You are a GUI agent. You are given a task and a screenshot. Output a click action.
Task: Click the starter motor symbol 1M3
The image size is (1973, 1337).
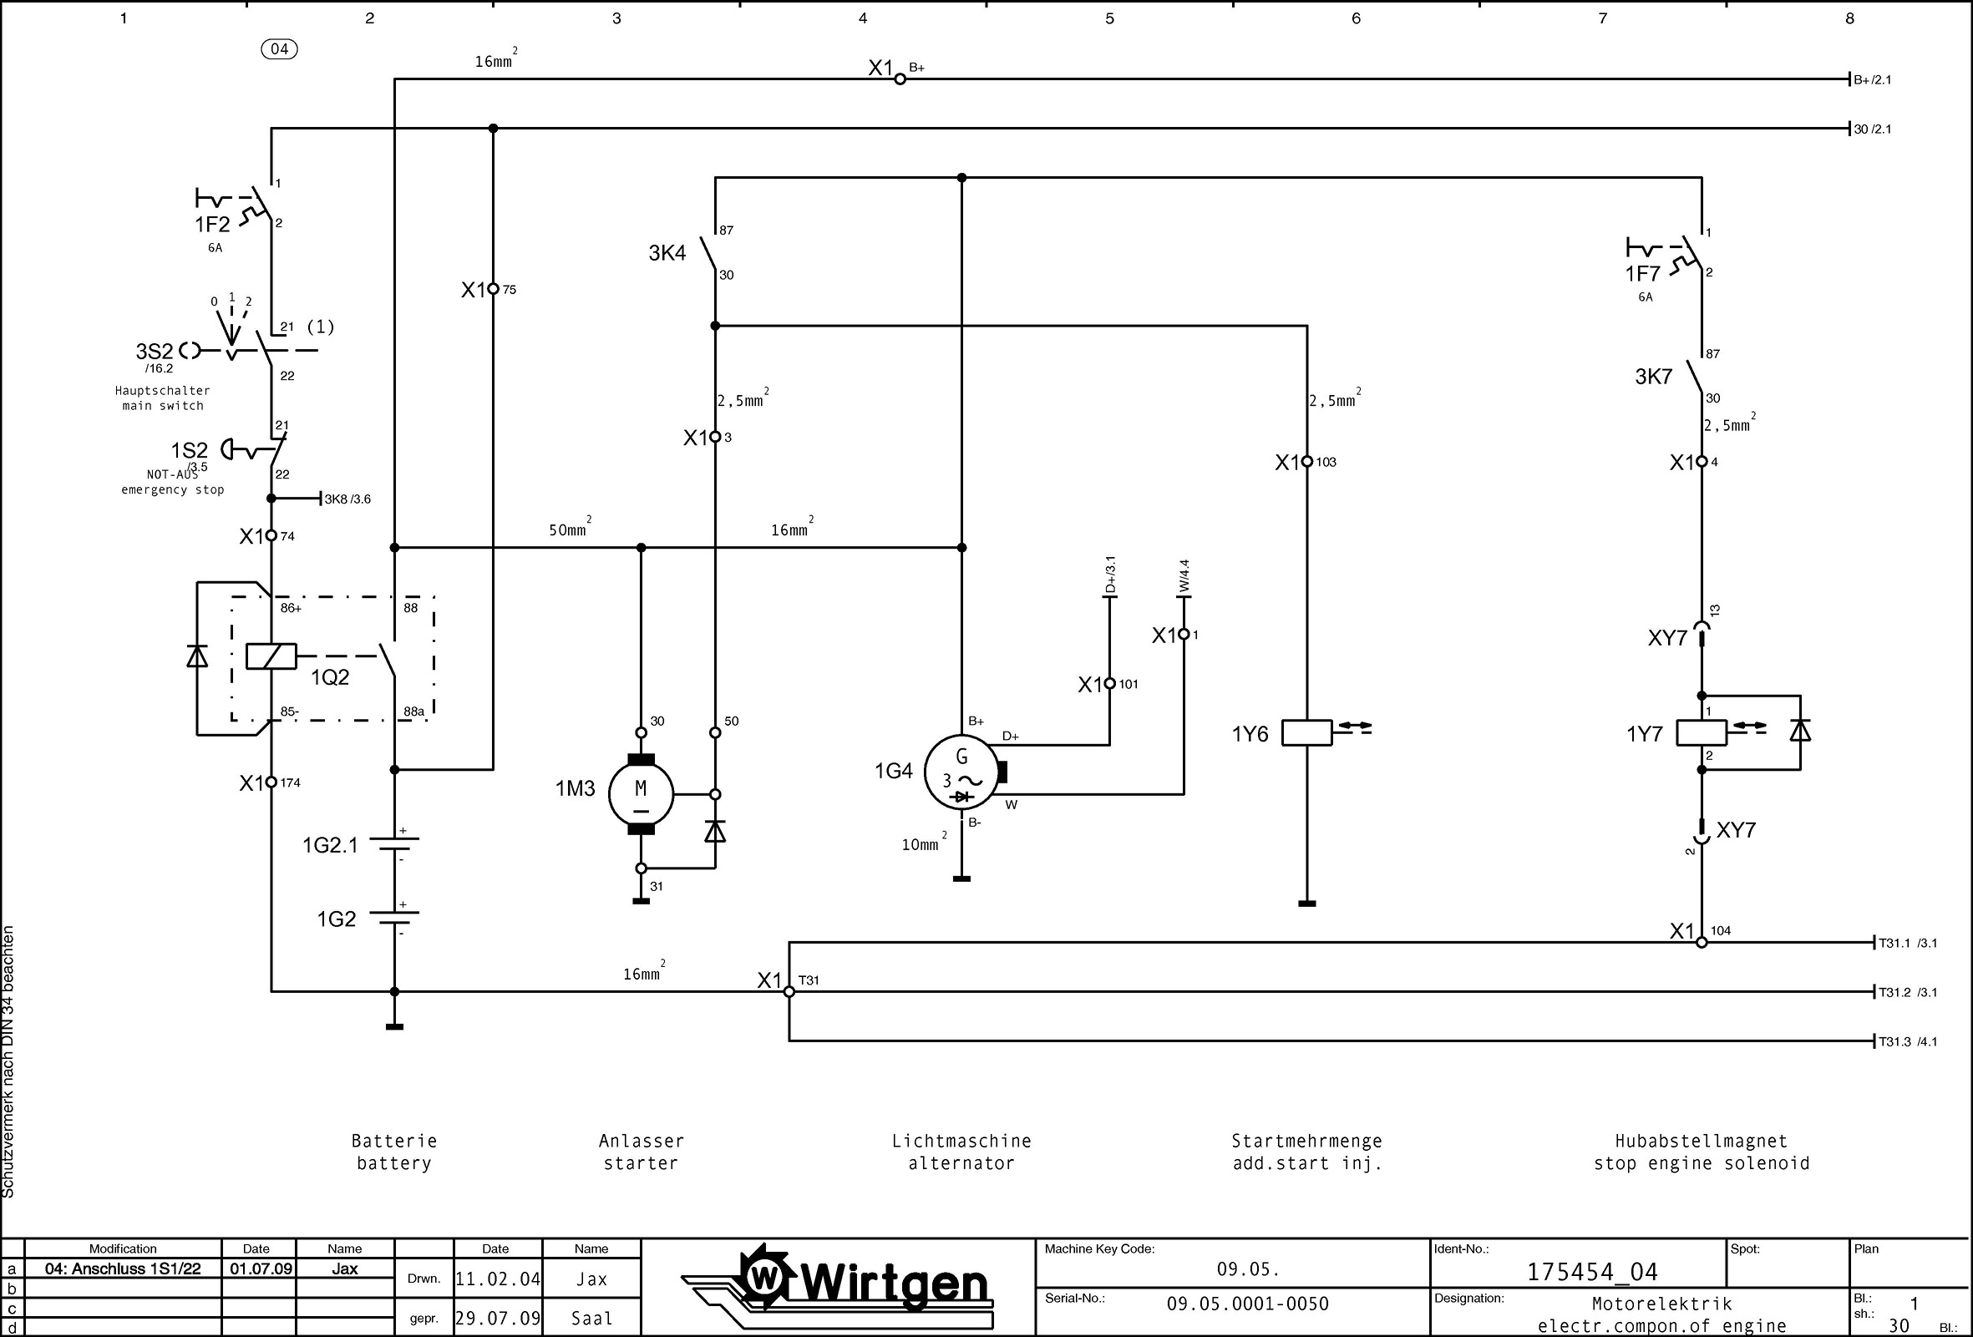(x=641, y=794)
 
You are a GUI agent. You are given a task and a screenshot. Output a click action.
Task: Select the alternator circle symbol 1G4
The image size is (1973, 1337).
(x=961, y=772)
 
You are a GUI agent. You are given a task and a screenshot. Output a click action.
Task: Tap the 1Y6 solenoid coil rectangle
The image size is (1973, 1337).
(x=1306, y=732)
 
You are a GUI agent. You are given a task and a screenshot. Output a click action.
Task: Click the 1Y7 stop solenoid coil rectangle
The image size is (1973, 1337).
(x=1701, y=732)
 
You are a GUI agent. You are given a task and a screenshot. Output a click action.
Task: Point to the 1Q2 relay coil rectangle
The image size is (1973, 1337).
(x=271, y=656)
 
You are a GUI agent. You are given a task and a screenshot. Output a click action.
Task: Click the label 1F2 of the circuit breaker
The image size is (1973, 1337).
(x=212, y=224)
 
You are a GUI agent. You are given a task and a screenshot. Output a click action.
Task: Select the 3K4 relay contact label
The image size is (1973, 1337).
(x=667, y=253)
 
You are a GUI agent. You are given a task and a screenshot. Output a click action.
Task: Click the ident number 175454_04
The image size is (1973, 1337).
(x=1592, y=1272)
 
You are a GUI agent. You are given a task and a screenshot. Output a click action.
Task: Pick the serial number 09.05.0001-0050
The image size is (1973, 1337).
(x=1247, y=1304)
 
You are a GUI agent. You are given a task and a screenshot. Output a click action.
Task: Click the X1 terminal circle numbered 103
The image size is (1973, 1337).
(x=1306, y=462)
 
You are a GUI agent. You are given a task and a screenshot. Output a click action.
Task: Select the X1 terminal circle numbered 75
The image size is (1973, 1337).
(x=493, y=290)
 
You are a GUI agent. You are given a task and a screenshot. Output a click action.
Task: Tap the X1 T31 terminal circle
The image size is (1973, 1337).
(x=789, y=991)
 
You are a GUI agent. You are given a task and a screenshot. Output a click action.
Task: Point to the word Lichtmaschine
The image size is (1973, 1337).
(x=961, y=1141)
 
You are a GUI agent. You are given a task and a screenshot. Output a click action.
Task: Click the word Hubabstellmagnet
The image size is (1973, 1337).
(x=1701, y=1141)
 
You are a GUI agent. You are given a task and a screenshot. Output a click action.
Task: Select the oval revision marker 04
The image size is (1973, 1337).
(x=279, y=49)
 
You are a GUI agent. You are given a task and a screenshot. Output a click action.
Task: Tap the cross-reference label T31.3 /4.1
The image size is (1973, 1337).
(x=1908, y=1041)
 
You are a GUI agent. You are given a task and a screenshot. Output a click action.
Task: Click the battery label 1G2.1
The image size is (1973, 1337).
(x=330, y=844)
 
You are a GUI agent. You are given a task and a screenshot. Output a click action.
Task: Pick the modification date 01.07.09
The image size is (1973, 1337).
(x=260, y=1269)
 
